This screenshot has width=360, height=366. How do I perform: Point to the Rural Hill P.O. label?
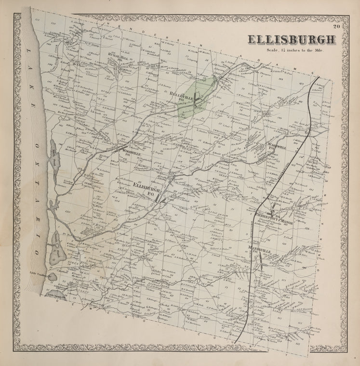117,57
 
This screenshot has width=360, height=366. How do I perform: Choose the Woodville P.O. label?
130,153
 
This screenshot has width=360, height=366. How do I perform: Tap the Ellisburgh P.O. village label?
146,188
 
